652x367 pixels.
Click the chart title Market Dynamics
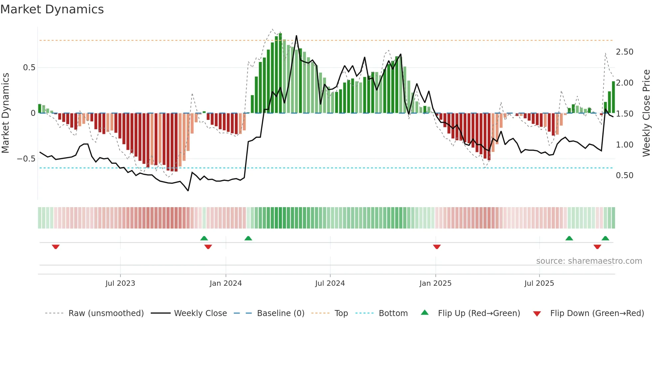(52, 9)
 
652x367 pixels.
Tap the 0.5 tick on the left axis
(29, 68)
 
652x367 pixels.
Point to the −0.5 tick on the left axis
(26, 159)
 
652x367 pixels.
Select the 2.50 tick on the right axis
(624, 52)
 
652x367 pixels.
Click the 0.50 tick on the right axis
(624, 176)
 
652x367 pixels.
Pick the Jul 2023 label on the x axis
(120, 283)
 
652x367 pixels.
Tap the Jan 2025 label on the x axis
(435, 283)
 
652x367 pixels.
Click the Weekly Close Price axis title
(646, 113)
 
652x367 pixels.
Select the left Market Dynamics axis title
(6, 113)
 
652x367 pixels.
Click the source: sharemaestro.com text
(589, 261)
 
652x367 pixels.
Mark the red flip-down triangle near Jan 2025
(437, 247)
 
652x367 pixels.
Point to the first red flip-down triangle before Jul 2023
(56, 247)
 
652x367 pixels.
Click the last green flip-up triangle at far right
(605, 238)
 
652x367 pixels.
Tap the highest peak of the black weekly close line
(296, 36)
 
